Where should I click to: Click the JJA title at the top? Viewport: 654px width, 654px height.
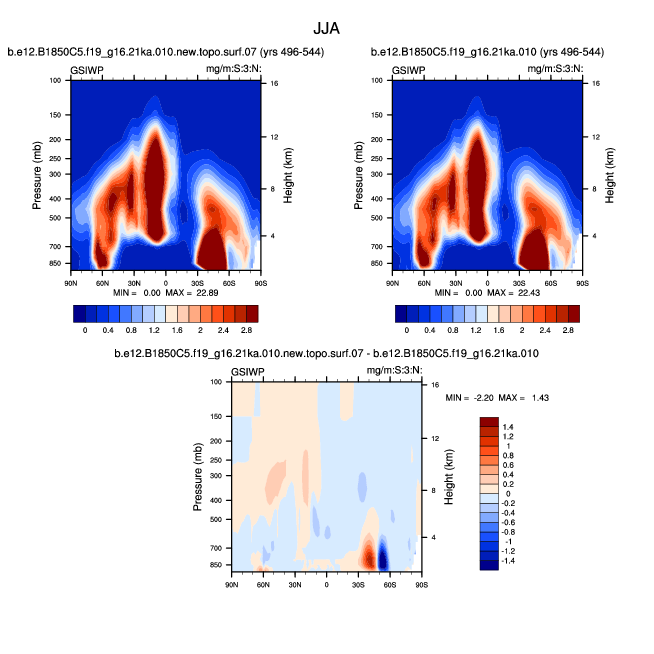(x=327, y=30)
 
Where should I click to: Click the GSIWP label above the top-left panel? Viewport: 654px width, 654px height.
(x=88, y=70)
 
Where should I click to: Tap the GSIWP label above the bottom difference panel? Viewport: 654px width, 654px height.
(x=247, y=371)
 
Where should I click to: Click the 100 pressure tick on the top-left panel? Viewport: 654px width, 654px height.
(x=56, y=80)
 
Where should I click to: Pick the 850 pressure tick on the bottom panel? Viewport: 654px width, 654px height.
(x=216, y=565)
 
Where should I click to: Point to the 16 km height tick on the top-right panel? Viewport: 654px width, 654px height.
(x=596, y=84)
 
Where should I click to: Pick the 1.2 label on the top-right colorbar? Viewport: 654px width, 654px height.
(x=473, y=329)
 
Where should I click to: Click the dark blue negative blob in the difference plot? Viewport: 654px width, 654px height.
(x=384, y=557)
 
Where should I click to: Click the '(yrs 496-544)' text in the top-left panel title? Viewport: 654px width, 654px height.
(x=286, y=52)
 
